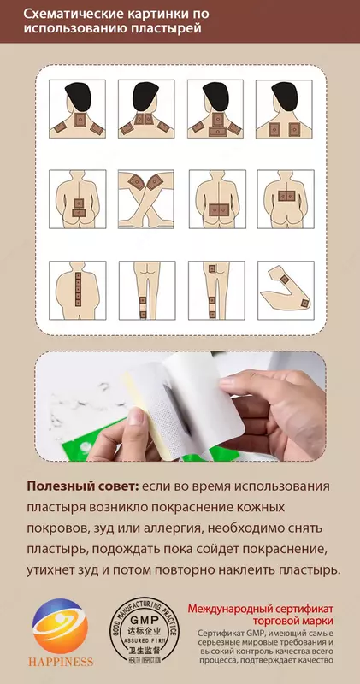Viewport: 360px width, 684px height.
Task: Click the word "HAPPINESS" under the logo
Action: pyautogui.click(x=60, y=664)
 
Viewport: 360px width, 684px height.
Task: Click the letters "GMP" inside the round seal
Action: pyautogui.click(x=145, y=624)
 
